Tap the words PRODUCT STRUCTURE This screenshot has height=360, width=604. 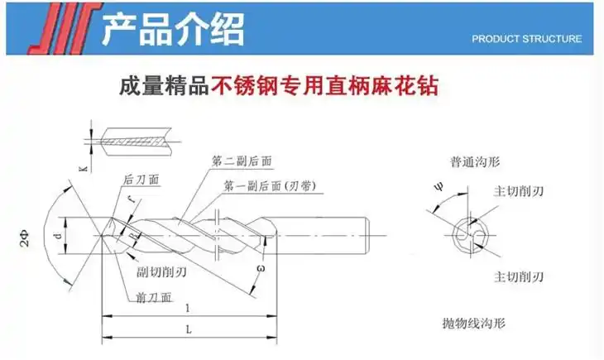click(x=526, y=39)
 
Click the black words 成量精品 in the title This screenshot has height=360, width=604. click(x=164, y=85)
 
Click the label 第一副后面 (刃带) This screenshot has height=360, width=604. click(x=266, y=187)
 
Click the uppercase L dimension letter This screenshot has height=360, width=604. click(x=189, y=329)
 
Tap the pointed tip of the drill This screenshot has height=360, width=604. click(x=102, y=237)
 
